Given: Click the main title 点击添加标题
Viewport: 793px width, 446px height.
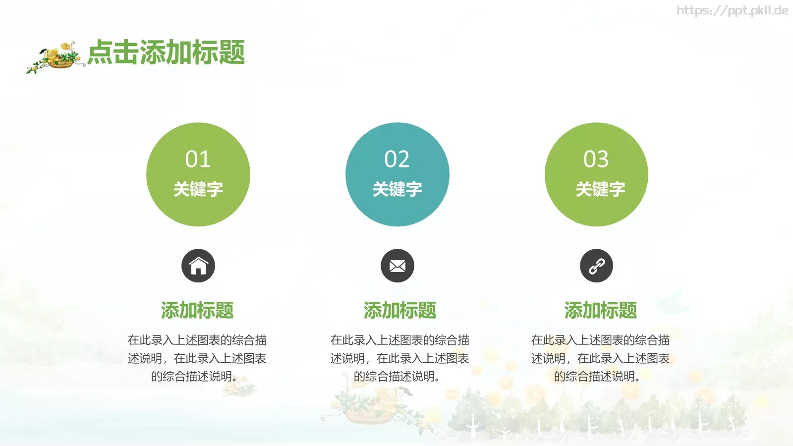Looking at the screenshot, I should tap(167, 53).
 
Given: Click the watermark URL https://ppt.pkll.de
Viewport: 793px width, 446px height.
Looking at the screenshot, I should tap(732, 10).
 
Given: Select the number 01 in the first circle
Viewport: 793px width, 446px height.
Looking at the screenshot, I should tap(198, 159).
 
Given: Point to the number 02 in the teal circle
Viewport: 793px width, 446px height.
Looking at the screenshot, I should tap(397, 159).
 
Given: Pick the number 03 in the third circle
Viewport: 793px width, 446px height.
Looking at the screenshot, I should tap(596, 159).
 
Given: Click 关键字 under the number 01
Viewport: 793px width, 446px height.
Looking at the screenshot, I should tap(198, 189).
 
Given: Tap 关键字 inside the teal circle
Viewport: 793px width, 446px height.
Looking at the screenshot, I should tap(397, 189).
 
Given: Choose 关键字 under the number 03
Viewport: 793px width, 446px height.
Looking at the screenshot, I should tap(600, 189).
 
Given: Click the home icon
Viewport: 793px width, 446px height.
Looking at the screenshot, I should tap(198, 266).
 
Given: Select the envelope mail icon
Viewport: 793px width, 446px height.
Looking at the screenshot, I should tap(397, 266).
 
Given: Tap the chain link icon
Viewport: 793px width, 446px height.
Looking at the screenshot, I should tap(596, 266).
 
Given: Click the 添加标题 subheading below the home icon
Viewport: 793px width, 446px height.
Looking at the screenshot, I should tap(197, 310).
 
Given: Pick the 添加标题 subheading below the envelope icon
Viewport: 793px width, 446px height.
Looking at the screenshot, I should tap(399, 310).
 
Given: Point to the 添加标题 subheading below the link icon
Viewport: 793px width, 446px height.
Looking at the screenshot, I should tap(600, 310).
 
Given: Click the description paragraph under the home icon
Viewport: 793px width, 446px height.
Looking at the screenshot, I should tap(197, 358).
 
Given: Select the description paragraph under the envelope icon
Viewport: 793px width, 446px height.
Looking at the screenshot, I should tap(399, 358).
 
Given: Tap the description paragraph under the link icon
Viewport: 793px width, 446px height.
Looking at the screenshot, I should tap(600, 358).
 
